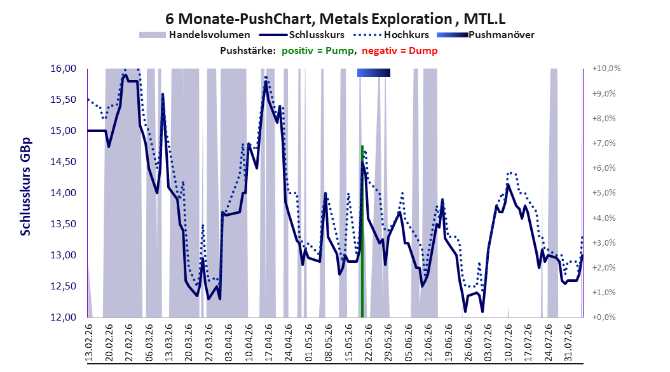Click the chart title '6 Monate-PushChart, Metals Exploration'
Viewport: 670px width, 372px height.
[x=308, y=19]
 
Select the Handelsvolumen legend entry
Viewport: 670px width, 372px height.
[x=195, y=35]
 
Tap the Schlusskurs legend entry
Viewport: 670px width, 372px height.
[x=301, y=35]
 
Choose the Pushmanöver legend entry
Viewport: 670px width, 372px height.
[x=486, y=35]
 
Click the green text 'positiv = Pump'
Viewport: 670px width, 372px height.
[x=317, y=51]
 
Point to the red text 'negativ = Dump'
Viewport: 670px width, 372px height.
[x=400, y=51]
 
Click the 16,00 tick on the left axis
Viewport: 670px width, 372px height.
[x=63, y=69]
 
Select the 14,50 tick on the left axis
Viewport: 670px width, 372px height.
[x=63, y=162]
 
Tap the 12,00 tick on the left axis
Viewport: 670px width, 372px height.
[x=63, y=317]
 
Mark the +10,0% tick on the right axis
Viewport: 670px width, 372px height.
[x=606, y=69]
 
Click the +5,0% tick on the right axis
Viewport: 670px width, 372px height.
[x=604, y=193]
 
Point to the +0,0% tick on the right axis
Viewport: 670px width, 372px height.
[x=604, y=317]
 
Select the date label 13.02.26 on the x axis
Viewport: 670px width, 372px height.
[x=89, y=343]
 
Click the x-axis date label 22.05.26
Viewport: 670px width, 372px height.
[x=368, y=343]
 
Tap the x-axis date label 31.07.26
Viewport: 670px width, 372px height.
[x=568, y=343]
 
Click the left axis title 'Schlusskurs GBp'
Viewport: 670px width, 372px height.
[x=25, y=187]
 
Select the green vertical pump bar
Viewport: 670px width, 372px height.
[x=362, y=231]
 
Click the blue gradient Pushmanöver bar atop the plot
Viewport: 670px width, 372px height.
[x=373, y=72]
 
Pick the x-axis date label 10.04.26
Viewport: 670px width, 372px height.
[x=249, y=343]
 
